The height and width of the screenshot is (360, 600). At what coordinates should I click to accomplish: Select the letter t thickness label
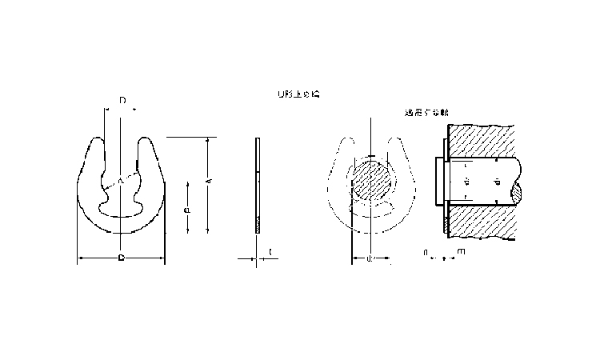(x=270, y=253)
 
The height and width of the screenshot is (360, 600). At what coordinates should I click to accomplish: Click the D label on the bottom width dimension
(x=120, y=258)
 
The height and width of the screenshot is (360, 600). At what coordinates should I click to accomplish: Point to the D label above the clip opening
(x=122, y=101)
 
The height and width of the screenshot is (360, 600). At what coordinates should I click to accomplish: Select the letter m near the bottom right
(x=460, y=252)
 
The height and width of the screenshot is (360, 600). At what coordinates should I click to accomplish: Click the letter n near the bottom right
(x=426, y=252)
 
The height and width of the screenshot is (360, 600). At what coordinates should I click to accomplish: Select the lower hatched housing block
(x=480, y=224)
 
